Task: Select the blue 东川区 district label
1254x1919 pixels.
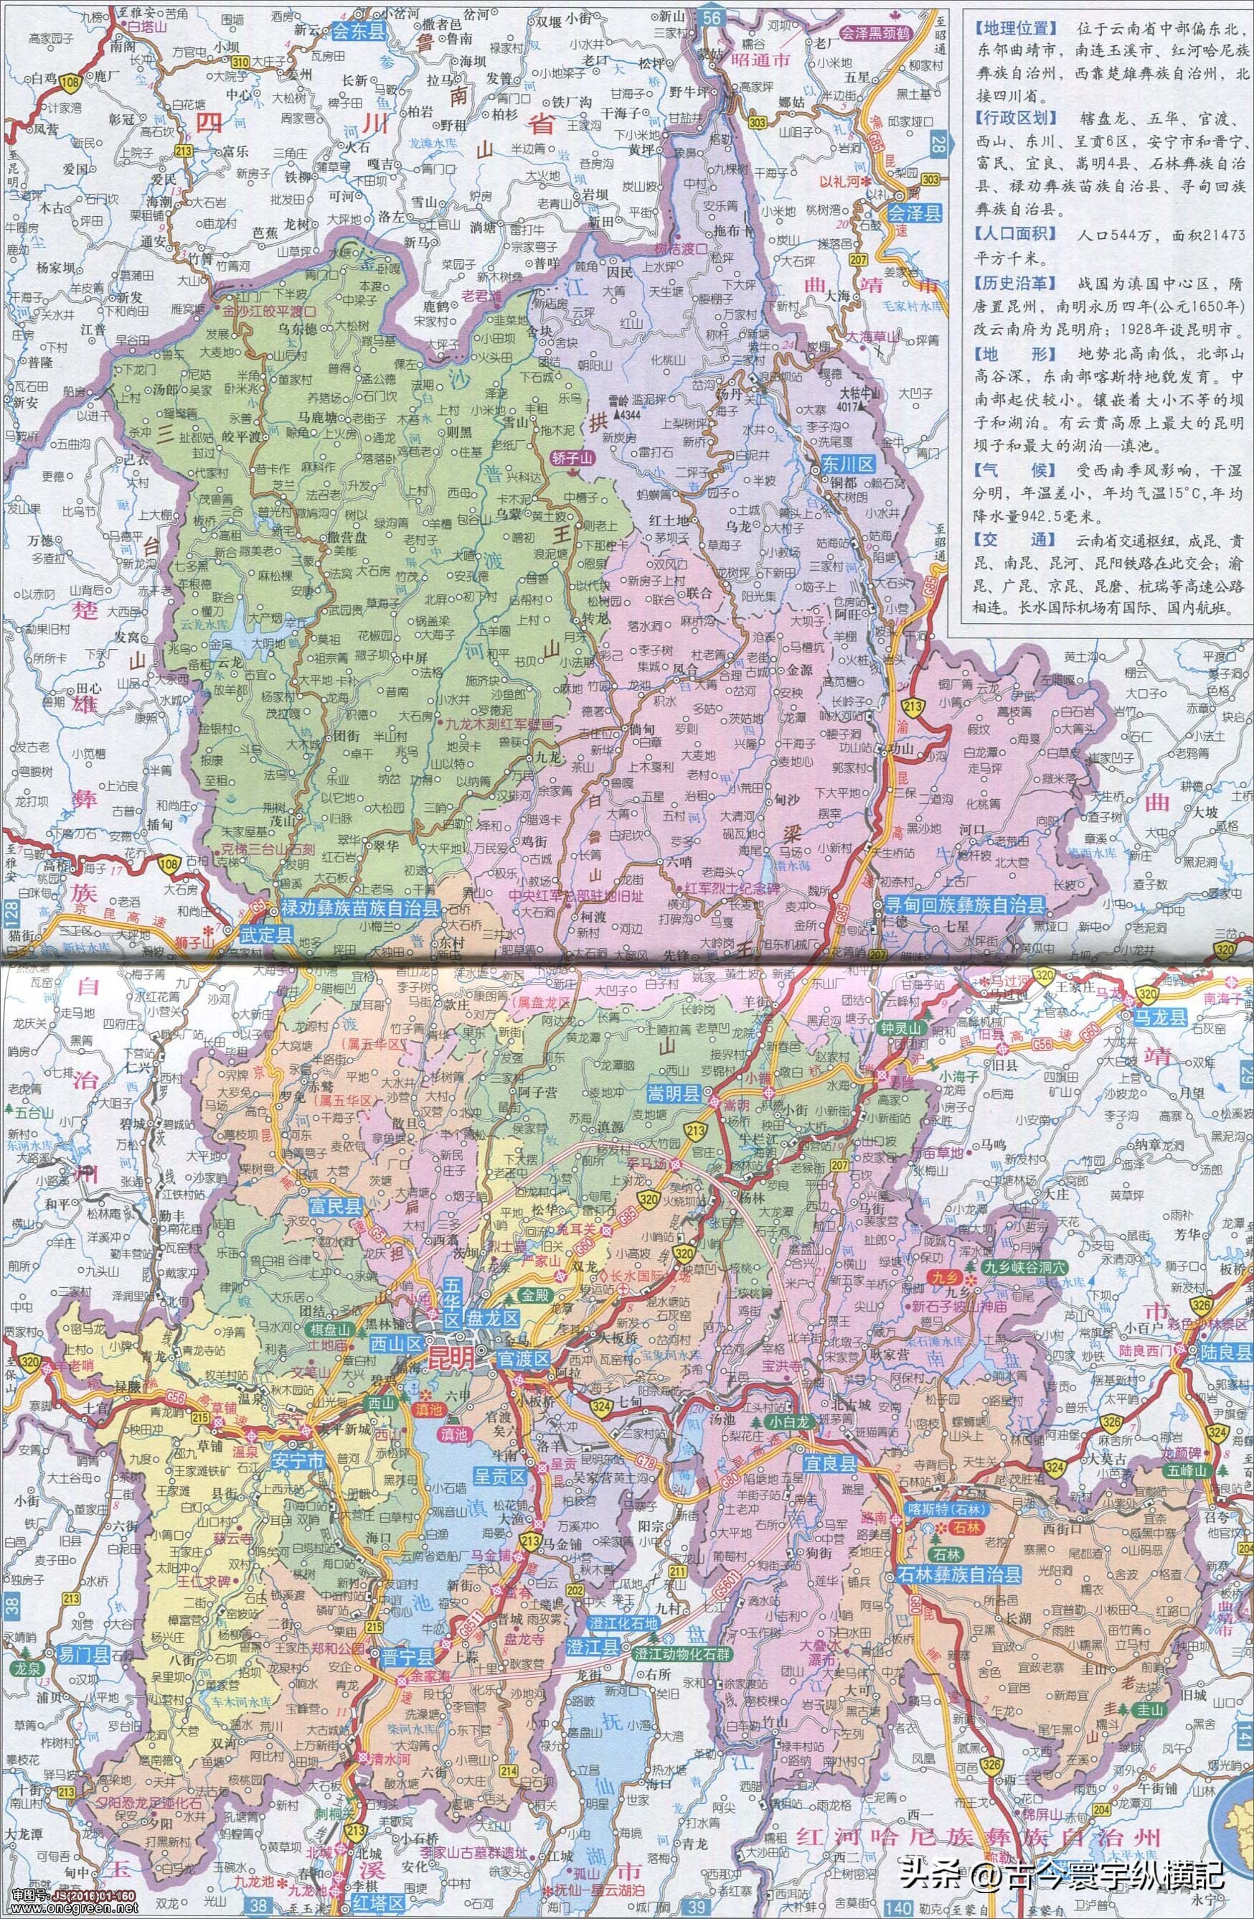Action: point(847,464)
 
